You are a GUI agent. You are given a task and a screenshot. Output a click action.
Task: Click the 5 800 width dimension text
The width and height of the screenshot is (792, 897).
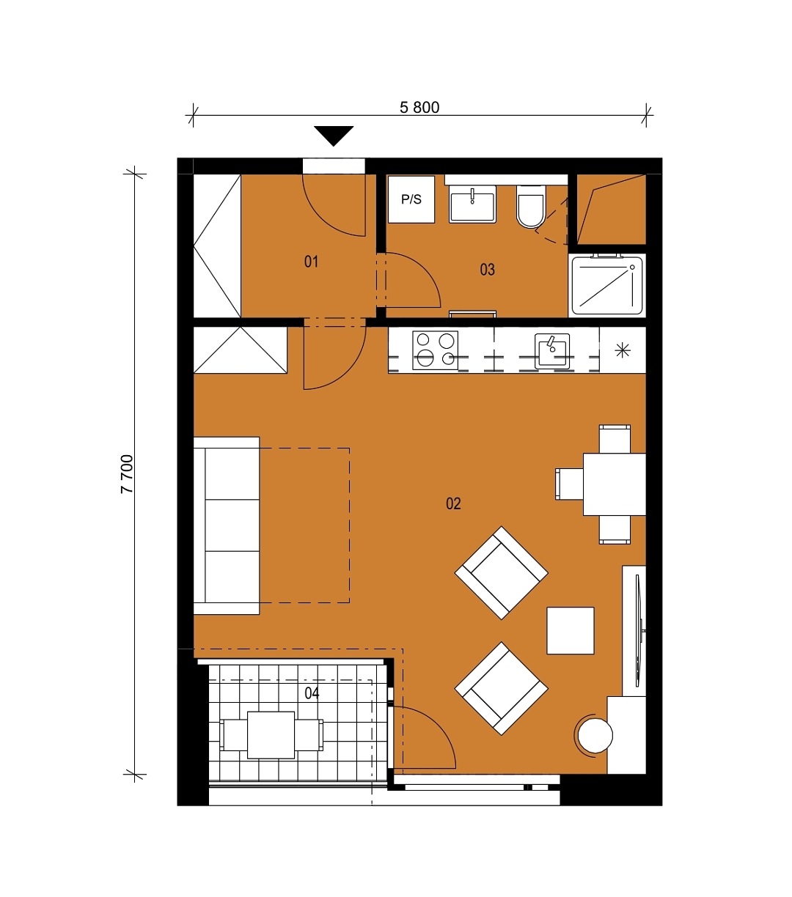(x=419, y=107)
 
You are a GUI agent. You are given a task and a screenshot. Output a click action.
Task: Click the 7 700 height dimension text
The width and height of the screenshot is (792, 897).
(x=127, y=473)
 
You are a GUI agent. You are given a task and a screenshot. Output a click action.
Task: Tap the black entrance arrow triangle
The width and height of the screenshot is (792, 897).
(x=334, y=136)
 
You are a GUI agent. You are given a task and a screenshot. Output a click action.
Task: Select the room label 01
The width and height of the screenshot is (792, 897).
(x=311, y=262)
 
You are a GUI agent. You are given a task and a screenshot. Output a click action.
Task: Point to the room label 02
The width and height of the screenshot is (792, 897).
(x=453, y=503)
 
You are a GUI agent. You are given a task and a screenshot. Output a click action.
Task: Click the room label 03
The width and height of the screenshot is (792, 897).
(x=487, y=269)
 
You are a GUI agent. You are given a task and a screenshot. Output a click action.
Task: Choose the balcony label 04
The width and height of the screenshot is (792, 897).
(x=312, y=693)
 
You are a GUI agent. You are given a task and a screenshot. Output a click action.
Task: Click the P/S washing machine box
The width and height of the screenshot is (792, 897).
(x=411, y=199)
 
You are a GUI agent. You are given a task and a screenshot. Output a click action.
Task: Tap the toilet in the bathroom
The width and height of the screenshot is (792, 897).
(x=531, y=207)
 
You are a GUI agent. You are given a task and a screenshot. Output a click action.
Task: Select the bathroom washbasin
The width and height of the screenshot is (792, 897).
(x=472, y=204)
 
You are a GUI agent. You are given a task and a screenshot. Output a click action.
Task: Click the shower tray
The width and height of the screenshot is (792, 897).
(x=606, y=285)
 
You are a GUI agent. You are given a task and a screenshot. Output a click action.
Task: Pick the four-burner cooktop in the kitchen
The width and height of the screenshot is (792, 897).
(x=435, y=350)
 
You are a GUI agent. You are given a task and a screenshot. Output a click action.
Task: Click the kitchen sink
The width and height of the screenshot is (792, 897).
(x=551, y=351)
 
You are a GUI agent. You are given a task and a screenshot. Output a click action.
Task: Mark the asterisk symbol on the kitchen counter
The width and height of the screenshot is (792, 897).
(x=623, y=350)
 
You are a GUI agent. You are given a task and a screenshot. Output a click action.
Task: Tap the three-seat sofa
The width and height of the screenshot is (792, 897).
(x=227, y=525)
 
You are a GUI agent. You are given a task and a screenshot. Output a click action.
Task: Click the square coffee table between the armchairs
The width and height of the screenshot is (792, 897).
(x=571, y=630)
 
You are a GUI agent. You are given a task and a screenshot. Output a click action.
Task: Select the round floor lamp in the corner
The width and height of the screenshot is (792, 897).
(x=595, y=735)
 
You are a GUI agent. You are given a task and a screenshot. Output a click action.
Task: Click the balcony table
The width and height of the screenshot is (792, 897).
(x=271, y=735)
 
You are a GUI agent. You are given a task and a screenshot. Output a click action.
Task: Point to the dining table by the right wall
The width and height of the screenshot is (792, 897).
(x=615, y=484)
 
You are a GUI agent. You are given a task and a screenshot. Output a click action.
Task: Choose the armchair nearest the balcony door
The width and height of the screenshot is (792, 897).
(x=502, y=688)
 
